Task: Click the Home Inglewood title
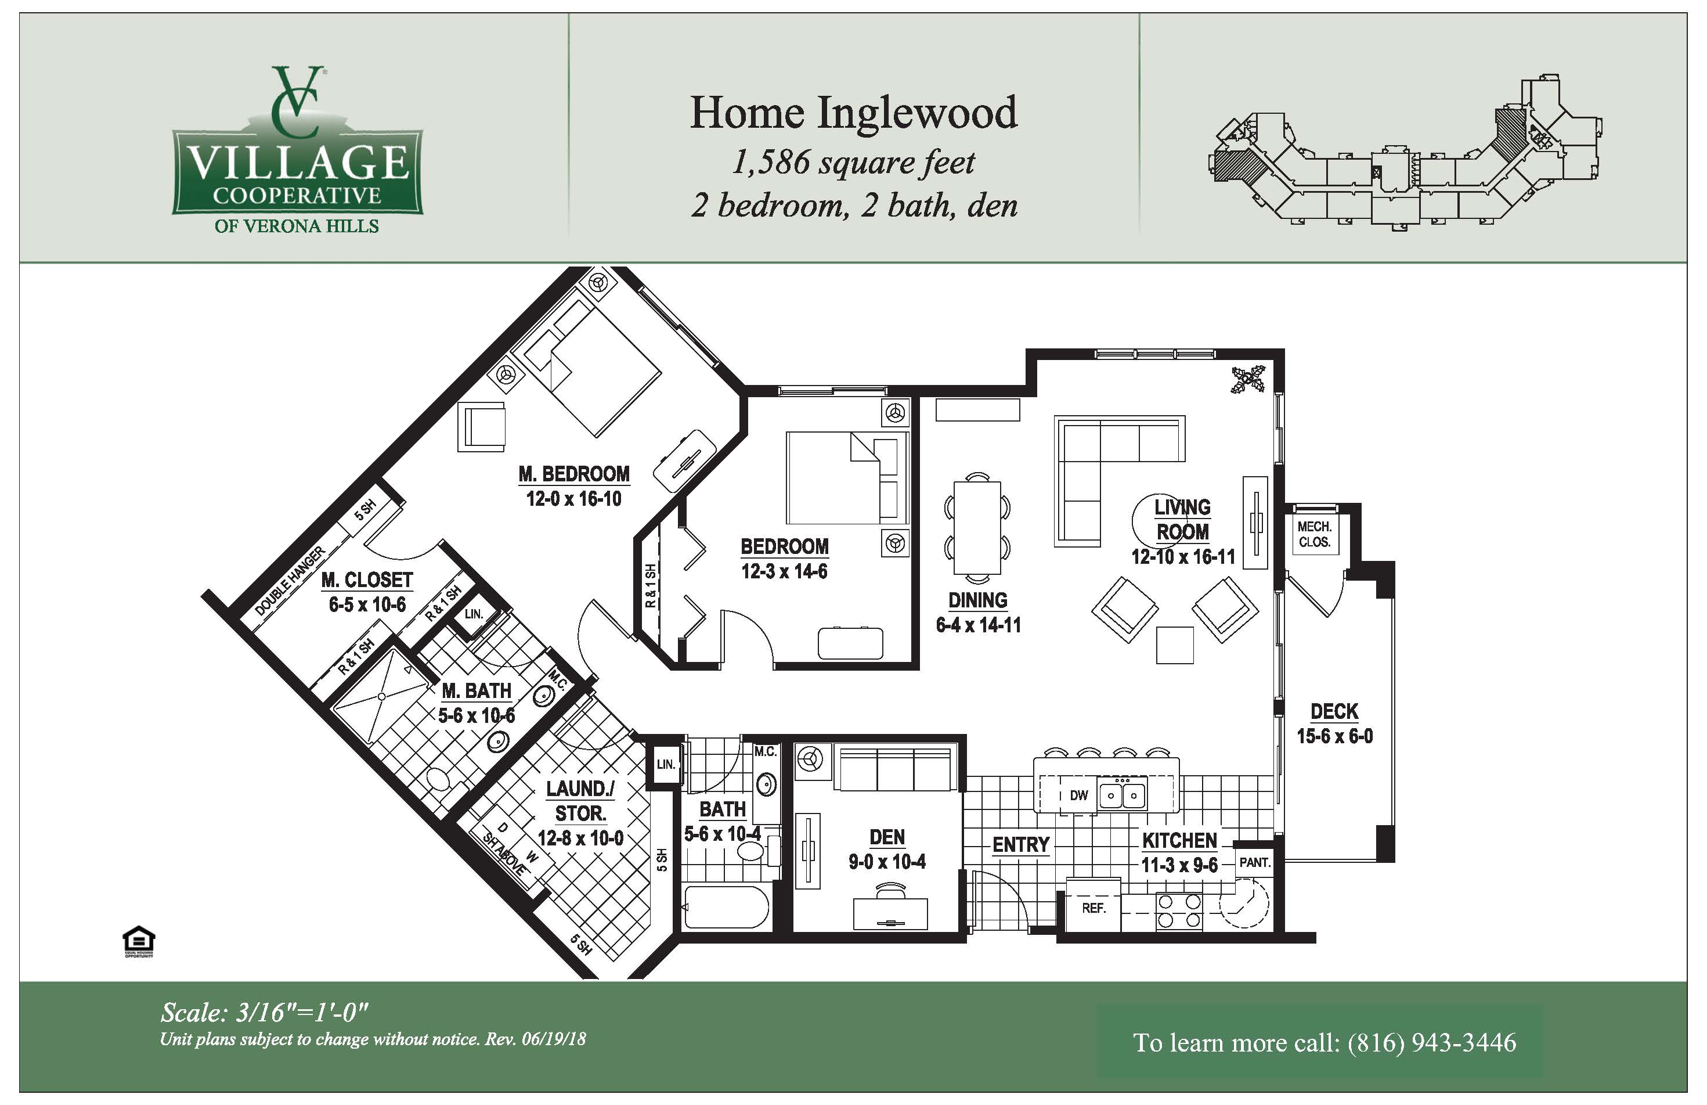[x=853, y=113]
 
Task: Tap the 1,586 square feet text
[x=853, y=162]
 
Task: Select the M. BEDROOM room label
[x=574, y=474]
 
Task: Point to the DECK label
[x=1334, y=711]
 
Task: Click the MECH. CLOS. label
[x=1315, y=535]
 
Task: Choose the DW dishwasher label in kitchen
[x=1079, y=795]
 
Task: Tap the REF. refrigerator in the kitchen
[x=1093, y=907]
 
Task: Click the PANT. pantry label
[x=1254, y=862]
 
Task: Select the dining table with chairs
[x=977, y=527]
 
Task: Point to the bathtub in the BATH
[x=726, y=907]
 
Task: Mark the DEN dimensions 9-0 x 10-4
[x=887, y=862]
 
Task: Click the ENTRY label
[x=1020, y=844]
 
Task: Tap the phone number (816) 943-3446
[x=1431, y=1042]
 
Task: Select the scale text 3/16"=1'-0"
[x=302, y=1013]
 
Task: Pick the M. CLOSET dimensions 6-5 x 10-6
[x=367, y=605]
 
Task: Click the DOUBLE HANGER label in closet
[x=290, y=581]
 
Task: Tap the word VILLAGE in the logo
[x=298, y=163]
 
